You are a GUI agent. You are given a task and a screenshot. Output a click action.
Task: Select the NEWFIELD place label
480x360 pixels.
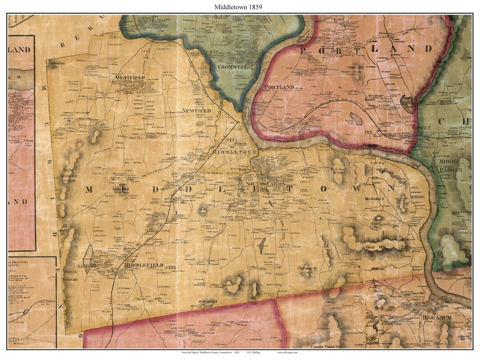point(196,111)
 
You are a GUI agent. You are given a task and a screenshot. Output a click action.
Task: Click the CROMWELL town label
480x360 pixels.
point(232,67)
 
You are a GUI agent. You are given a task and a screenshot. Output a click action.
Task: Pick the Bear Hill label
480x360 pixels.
point(373,246)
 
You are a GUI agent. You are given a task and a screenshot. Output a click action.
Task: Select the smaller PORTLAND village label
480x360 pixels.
point(279,87)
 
